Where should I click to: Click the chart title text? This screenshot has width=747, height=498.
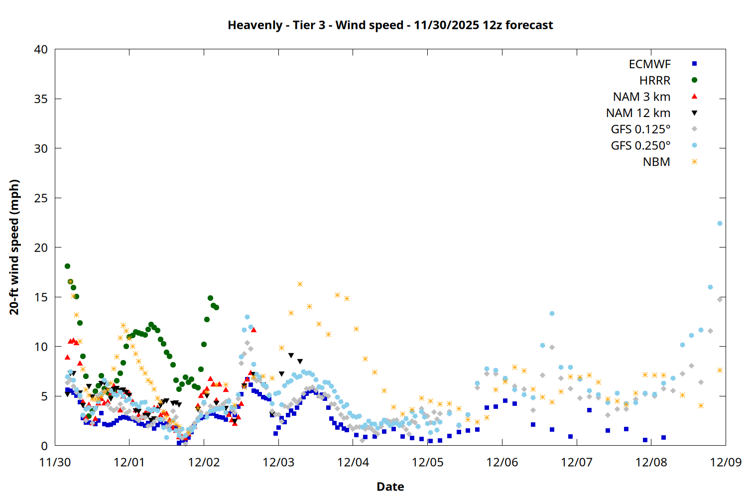(390, 25)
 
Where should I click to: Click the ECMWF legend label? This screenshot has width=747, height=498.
(649, 64)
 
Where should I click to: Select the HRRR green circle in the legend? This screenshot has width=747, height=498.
(694, 80)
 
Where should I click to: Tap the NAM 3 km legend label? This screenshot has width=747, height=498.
(641, 97)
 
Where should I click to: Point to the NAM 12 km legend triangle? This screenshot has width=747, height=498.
(694, 113)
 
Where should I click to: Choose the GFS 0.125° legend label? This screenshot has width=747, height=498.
(640, 129)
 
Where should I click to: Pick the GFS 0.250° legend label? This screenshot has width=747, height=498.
(640, 145)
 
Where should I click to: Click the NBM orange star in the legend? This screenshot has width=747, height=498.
(694, 162)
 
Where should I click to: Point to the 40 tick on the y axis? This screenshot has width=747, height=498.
(41, 49)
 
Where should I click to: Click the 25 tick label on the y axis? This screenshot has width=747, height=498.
(41, 198)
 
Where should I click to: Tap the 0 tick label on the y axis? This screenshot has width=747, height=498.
(44, 446)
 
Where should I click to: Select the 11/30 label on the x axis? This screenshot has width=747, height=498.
(55, 462)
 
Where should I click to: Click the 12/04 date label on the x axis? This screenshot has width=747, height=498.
(353, 462)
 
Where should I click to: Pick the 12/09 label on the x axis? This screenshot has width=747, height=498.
(726, 462)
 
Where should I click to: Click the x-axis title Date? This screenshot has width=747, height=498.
(390, 487)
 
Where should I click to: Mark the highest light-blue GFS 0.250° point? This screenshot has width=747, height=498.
(720, 224)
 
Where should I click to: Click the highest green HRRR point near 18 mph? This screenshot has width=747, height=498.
(67, 266)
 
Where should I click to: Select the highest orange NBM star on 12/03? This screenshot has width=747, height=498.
(300, 284)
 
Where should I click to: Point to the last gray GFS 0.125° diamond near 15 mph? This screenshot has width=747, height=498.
(720, 299)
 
